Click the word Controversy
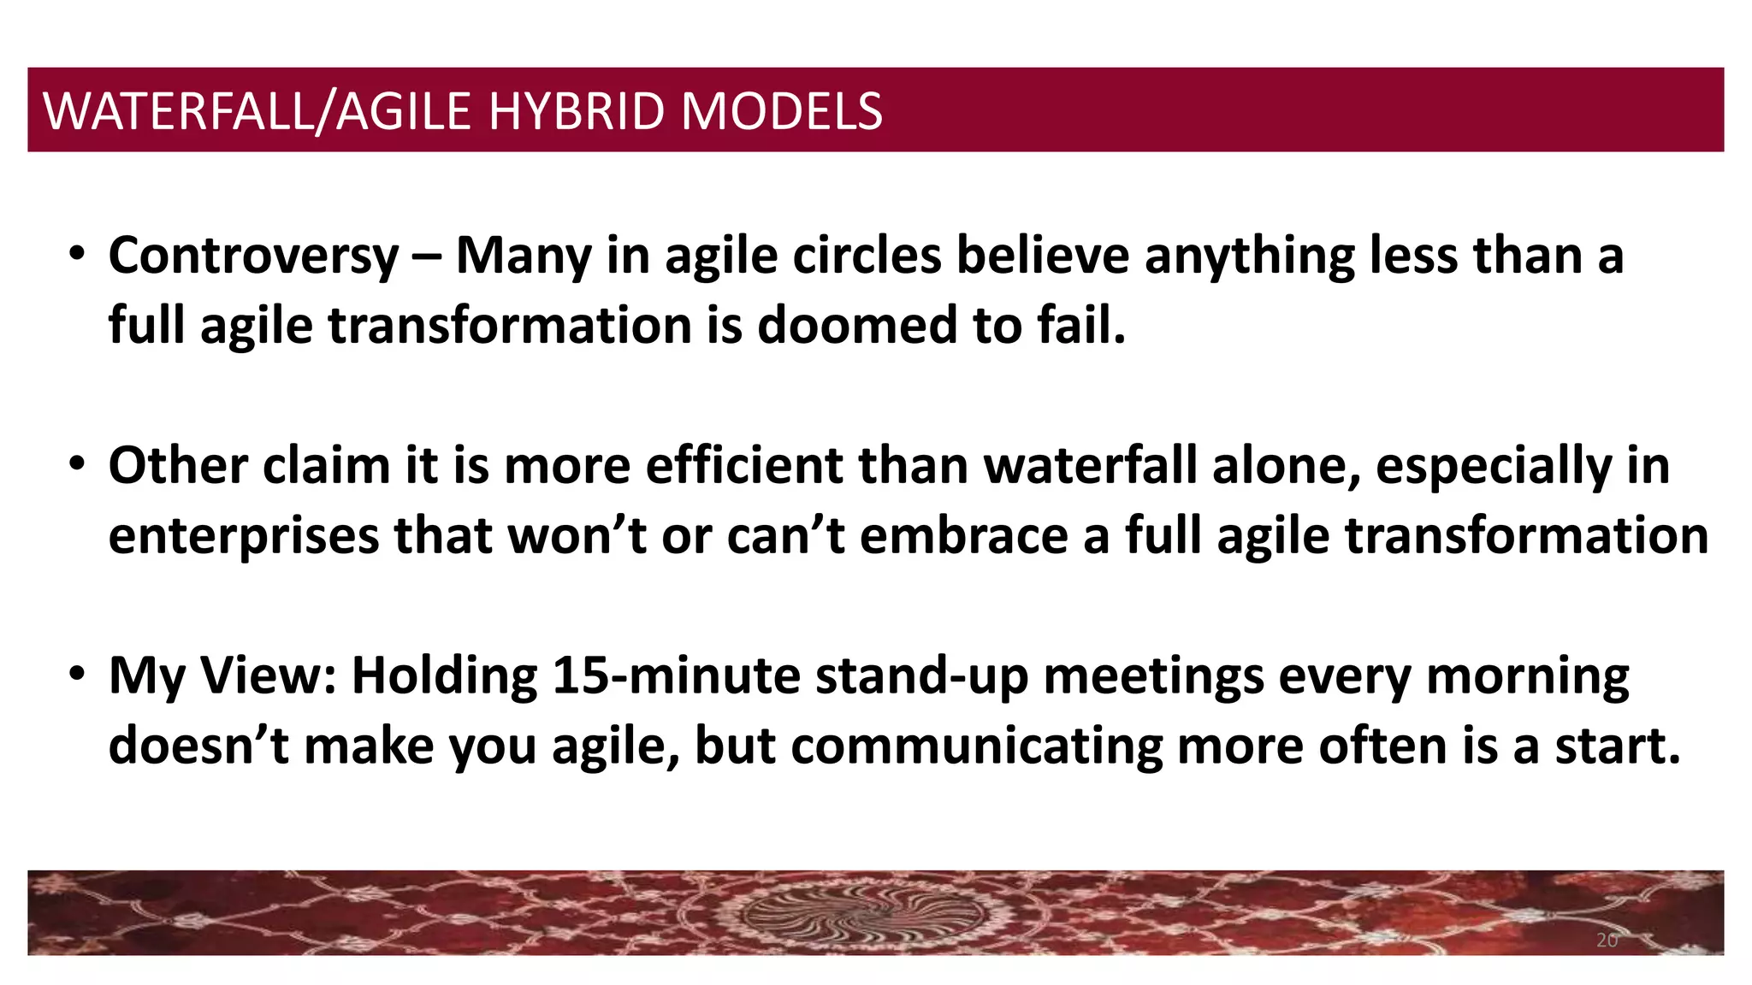(x=253, y=256)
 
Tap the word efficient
(x=744, y=466)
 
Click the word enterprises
(x=244, y=536)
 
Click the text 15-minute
(x=676, y=675)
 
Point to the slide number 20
(x=1607, y=941)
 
